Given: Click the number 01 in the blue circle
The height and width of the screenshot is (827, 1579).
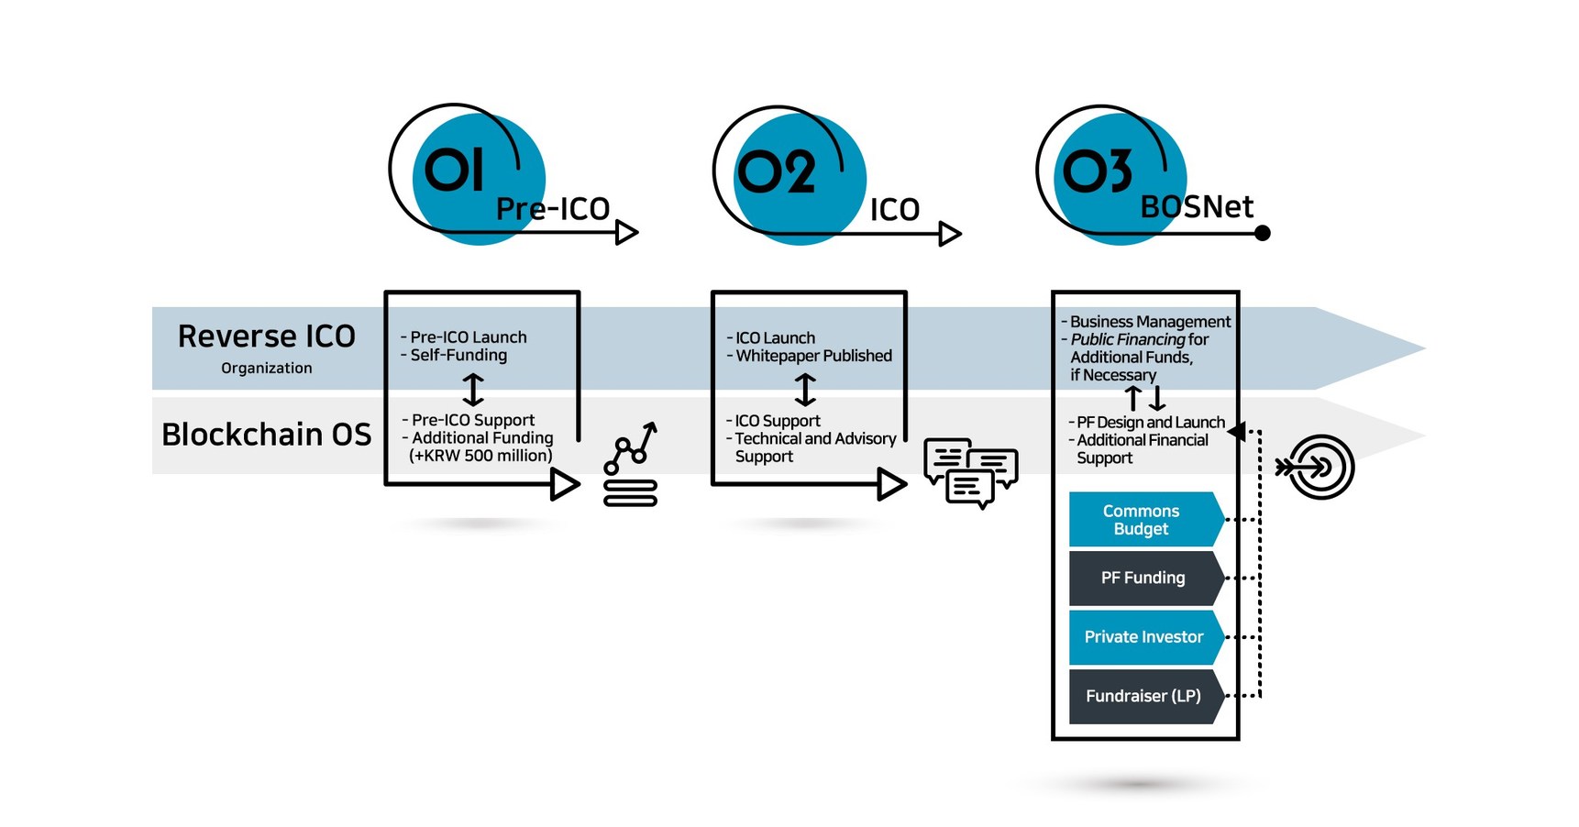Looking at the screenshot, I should [x=453, y=171].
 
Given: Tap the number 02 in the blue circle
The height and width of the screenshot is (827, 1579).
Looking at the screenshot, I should [x=776, y=172].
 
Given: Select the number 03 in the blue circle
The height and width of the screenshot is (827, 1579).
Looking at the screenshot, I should [x=1097, y=171].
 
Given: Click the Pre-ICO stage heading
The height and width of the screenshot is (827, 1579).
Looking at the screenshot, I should [x=552, y=209].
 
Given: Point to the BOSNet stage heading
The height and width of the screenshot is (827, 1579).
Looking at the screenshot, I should [x=1196, y=207].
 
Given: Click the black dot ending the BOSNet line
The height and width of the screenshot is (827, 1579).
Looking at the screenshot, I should [x=1262, y=233].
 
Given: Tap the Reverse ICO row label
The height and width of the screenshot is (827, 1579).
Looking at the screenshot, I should [x=267, y=336].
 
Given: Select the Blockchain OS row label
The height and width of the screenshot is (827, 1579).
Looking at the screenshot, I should [x=266, y=434].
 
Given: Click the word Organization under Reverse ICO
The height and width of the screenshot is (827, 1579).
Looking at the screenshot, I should [x=266, y=368].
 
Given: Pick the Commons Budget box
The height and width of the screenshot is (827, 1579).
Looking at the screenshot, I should [x=1143, y=520].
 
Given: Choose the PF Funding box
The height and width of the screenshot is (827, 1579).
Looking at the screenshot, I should [x=1143, y=578].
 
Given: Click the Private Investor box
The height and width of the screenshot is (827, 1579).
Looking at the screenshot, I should [x=1143, y=636].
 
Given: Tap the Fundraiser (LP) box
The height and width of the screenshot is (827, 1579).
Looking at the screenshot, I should [x=1143, y=696].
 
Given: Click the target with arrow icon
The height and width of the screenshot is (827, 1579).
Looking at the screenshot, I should [x=1318, y=468].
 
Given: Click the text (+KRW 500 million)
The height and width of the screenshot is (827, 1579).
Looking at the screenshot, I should [x=480, y=456].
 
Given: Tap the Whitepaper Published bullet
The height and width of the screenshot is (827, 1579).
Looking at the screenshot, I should [x=812, y=356].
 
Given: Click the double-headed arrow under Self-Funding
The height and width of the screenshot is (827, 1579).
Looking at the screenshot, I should [x=473, y=390].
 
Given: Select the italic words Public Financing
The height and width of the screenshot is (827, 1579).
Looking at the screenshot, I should [x=1127, y=339].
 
